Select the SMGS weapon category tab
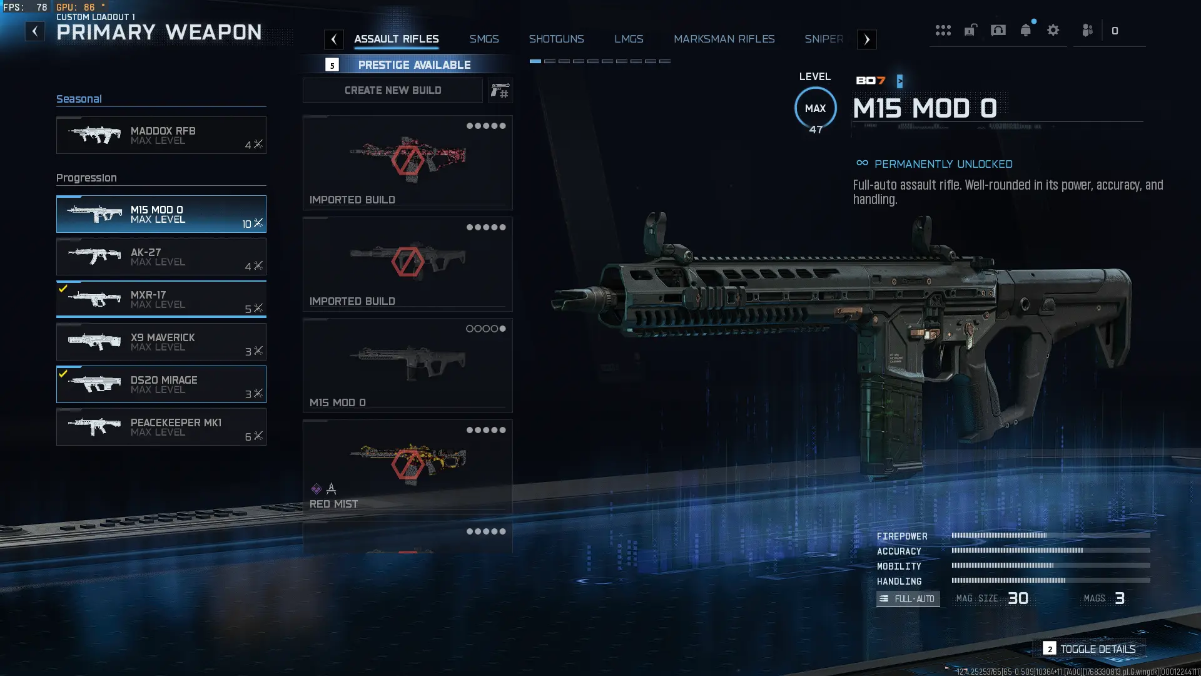tap(484, 39)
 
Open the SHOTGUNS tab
tap(556, 39)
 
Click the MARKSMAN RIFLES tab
tap(724, 39)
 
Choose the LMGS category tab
tap(629, 39)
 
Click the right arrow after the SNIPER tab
tap(866, 39)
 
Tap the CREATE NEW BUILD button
tap(393, 90)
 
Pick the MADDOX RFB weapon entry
tap(161, 135)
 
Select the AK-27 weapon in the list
tap(161, 257)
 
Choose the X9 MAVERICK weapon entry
tap(161, 342)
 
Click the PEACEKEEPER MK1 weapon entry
tap(161, 427)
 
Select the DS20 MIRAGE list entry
tap(161, 384)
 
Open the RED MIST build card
tap(407, 466)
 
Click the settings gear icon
tap(1053, 30)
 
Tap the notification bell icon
tap(1025, 30)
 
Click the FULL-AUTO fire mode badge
tap(908, 599)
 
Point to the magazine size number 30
tap(1018, 598)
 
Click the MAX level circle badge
tap(815, 108)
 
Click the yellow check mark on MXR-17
tap(63, 289)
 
